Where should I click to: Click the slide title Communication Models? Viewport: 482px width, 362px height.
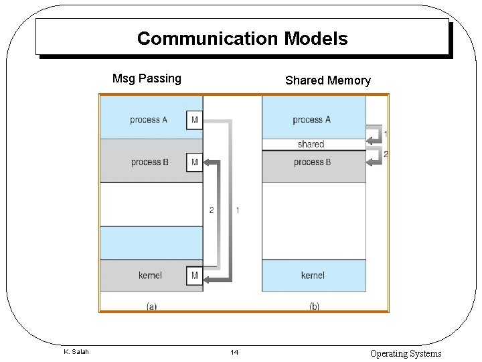pyautogui.click(x=242, y=39)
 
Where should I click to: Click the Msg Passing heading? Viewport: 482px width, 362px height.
pyautogui.click(x=147, y=78)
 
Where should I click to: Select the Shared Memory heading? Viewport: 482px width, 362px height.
pyautogui.click(x=327, y=80)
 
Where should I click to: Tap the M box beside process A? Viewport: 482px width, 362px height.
pyautogui.click(x=194, y=120)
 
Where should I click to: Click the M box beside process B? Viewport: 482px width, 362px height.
pyautogui.click(x=194, y=162)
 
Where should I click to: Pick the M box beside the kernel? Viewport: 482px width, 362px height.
pyautogui.click(x=194, y=275)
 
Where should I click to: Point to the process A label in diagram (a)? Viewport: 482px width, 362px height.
pyautogui.click(x=149, y=120)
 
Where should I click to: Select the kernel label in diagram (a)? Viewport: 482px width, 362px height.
pyautogui.click(x=150, y=275)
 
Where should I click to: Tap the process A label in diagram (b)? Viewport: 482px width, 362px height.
pyautogui.click(x=311, y=120)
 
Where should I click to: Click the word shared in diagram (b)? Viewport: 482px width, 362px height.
pyautogui.click(x=311, y=144)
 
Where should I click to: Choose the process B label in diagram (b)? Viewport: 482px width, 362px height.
pyautogui.click(x=312, y=162)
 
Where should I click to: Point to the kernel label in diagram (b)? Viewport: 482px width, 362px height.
pyautogui.click(x=313, y=275)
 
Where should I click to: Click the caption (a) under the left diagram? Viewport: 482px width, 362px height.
pyautogui.click(x=151, y=306)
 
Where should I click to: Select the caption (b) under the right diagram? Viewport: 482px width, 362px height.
pyautogui.click(x=313, y=306)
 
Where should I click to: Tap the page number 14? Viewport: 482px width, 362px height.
pyautogui.click(x=234, y=353)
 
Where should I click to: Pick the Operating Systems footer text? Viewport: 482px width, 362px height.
pyautogui.click(x=406, y=353)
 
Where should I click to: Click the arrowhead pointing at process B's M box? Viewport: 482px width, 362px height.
pyautogui.click(x=208, y=162)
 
